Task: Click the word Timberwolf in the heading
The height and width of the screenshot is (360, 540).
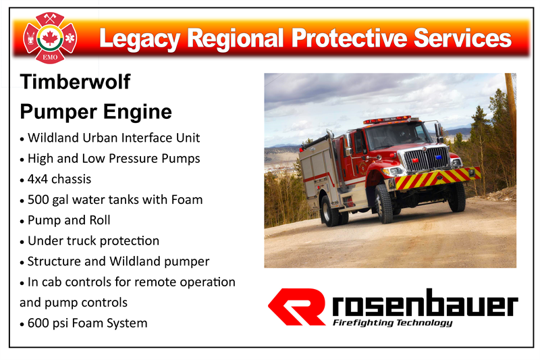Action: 75,82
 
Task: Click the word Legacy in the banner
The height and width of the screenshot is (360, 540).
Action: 140,39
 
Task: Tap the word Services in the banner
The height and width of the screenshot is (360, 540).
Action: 462,38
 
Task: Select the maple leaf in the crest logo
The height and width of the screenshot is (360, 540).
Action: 50,38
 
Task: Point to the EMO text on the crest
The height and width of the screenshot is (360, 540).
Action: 50,57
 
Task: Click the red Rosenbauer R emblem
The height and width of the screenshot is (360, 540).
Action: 297,307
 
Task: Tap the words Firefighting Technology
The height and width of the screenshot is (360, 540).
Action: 392,323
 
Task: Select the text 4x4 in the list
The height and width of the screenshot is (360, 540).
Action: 38,179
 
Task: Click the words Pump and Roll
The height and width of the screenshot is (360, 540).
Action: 69,220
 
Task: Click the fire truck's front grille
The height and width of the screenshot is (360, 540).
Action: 427,159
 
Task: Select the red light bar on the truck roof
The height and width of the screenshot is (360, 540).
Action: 387,120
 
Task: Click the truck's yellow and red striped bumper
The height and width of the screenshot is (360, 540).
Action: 437,178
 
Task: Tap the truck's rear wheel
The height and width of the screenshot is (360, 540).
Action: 330,211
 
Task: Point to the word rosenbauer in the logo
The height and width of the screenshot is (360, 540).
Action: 425,303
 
